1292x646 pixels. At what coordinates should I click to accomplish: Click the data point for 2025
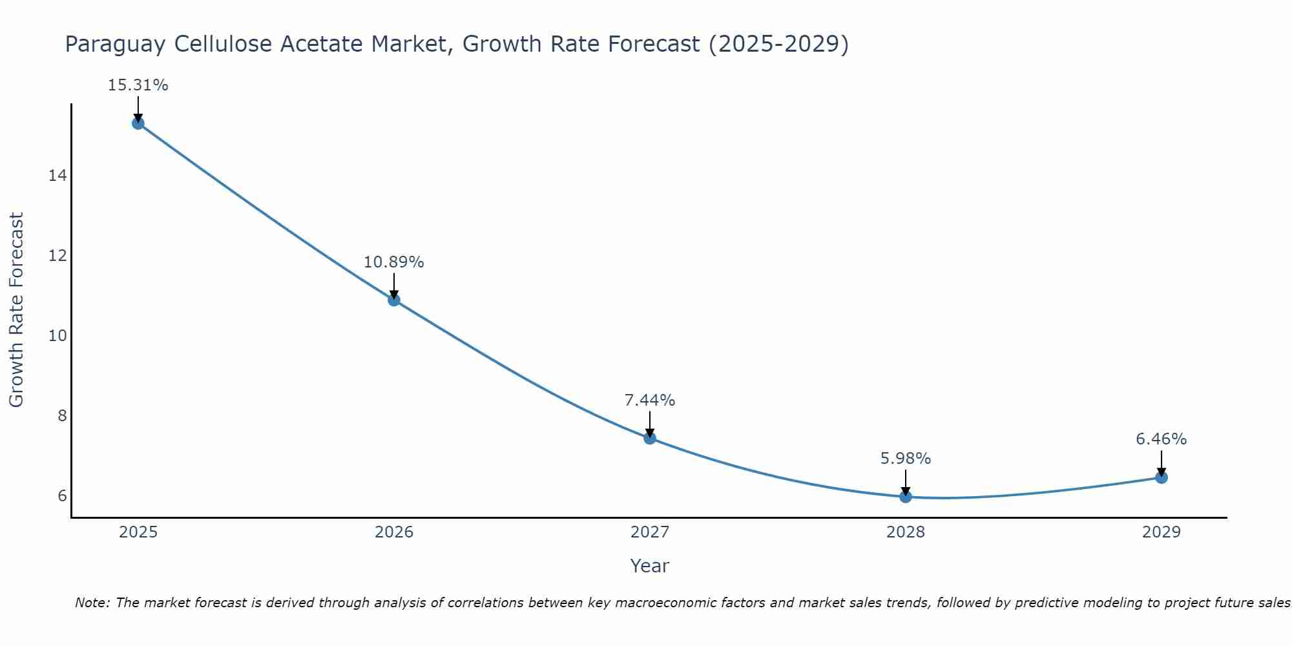click(138, 123)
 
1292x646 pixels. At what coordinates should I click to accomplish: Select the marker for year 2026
click(394, 300)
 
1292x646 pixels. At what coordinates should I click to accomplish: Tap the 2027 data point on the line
click(650, 438)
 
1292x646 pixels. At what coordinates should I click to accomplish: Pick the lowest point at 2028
click(906, 497)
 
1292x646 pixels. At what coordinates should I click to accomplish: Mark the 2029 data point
click(1162, 477)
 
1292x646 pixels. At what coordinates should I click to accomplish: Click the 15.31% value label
click(138, 85)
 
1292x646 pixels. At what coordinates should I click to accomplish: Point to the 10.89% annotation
click(393, 262)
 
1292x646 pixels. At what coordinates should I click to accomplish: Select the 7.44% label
click(649, 401)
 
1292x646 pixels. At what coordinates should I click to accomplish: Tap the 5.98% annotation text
click(906, 459)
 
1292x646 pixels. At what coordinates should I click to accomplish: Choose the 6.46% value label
click(1161, 439)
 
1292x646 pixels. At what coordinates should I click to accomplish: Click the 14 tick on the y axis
click(57, 176)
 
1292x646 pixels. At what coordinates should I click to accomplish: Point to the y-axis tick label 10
click(57, 336)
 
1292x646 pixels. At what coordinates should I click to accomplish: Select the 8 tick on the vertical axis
click(62, 415)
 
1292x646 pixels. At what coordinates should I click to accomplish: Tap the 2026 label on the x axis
click(394, 532)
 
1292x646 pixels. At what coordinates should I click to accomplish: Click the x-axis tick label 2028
click(906, 532)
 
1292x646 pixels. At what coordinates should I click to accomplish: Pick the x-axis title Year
click(649, 566)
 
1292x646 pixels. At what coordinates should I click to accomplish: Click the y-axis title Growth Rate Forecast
click(16, 310)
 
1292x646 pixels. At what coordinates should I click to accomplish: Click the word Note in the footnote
click(92, 603)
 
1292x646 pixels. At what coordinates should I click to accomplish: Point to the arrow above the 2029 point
click(1162, 463)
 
